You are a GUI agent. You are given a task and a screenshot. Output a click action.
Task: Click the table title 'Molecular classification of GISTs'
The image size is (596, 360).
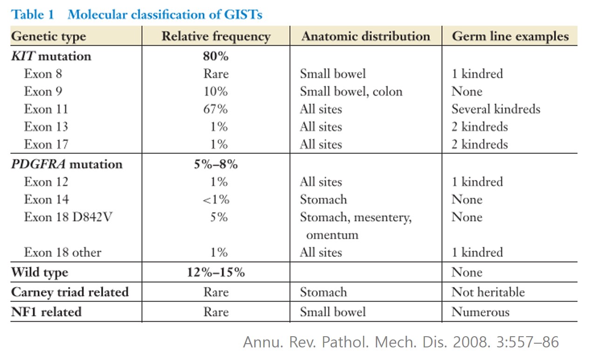tap(165, 14)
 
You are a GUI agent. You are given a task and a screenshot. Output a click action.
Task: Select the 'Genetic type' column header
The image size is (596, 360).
tap(48, 36)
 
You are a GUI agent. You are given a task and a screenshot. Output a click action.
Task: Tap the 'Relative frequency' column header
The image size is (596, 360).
tap(216, 36)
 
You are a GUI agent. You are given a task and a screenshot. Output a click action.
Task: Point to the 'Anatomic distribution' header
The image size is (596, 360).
tap(366, 36)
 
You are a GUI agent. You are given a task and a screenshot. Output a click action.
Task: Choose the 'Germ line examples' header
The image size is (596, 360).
tap(510, 36)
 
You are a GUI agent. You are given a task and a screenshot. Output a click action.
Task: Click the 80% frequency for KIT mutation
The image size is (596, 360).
tap(216, 56)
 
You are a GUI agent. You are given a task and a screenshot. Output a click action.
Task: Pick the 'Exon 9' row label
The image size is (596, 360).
tap(43, 91)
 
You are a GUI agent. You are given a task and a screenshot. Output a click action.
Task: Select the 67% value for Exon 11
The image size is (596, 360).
tap(215, 109)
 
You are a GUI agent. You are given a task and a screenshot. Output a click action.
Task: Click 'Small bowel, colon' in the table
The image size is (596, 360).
tap(351, 91)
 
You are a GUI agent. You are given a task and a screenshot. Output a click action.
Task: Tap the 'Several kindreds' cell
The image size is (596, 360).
tap(496, 109)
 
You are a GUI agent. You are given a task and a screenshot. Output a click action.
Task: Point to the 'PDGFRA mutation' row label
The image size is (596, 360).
tap(67, 164)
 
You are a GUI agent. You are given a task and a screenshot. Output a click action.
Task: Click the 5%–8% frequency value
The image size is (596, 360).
tap(216, 164)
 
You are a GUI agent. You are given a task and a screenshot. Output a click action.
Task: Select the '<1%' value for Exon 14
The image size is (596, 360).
tap(216, 200)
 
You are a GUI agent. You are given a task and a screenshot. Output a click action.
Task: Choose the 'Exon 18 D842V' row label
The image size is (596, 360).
tap(68, 217)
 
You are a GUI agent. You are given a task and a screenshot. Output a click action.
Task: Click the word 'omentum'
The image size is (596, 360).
tap(332, 235)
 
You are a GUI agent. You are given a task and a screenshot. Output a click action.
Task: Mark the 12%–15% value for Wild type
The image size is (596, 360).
tap(216, 272)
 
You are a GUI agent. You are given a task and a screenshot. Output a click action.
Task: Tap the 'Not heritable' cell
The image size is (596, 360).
tap(488, 292)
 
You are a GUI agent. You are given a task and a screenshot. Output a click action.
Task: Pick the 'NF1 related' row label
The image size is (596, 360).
tap(46, 312)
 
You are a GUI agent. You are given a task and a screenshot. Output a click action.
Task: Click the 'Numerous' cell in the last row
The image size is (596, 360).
tap(480, 312)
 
